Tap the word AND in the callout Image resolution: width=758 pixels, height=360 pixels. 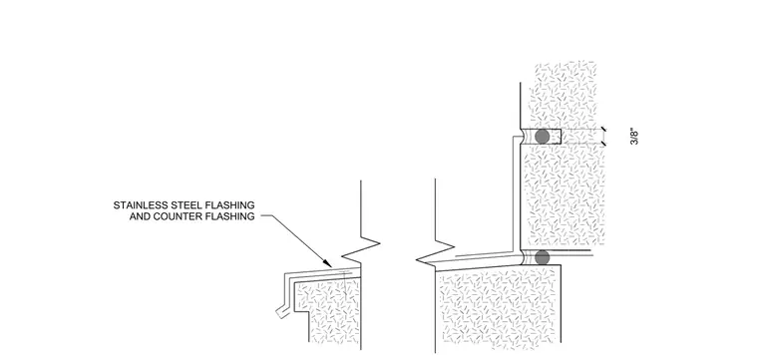(140, 216)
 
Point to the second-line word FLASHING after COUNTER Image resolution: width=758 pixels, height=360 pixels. (230, 216)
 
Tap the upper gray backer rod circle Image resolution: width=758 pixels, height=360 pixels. (543, 137)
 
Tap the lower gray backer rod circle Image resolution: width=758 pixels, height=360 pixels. (543, 257)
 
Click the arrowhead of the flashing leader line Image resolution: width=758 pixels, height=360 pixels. (329, 263)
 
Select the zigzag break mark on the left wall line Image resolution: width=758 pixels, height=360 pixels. (361, 249)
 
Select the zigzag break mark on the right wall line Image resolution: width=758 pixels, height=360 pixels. (436, 252)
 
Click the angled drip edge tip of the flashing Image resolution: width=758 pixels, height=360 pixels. (281, 312)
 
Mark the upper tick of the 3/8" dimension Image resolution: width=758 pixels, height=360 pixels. (602, 129)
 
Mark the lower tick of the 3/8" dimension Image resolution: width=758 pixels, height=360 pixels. (602, 144)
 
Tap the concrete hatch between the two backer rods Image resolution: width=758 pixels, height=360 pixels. (564, 195)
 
